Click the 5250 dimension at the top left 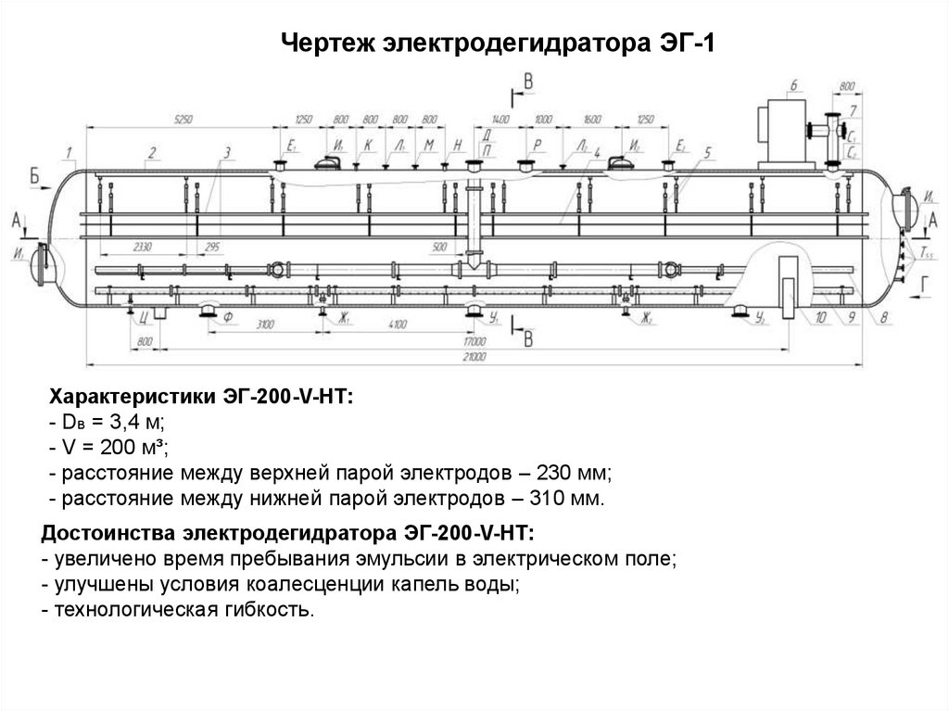183,120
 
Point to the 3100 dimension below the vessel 265,324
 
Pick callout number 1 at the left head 70,151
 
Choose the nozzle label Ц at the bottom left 146,317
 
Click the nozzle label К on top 368,146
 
